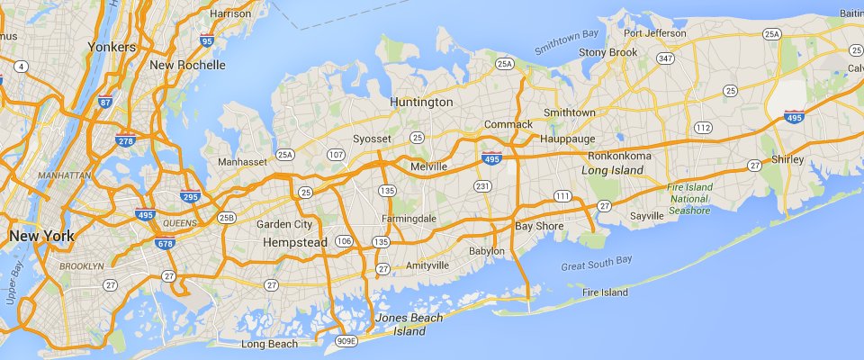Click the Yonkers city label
[x=112, y=46]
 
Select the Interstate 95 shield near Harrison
[x=208, y=40]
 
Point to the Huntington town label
[x=421, y=103]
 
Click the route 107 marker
[x=336, y=155]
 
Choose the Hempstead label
[x=292, y=243]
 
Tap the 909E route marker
[x=346, y=341]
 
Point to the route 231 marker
[x=482, y=186]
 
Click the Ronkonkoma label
[x=621, y=155]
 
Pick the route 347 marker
[x=665, y=58]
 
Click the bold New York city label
[x=41, y=236]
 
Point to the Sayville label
[x=646, y=216]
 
